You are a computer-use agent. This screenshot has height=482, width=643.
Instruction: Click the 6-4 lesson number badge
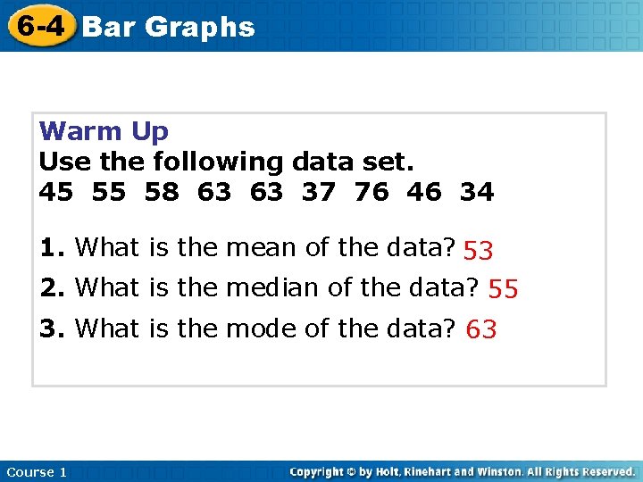coord(39,26)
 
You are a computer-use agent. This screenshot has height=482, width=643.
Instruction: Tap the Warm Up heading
coord(104,132)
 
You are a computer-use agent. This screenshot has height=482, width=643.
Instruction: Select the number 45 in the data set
coord(56,191)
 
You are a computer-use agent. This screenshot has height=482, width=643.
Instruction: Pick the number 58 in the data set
coord(162,191)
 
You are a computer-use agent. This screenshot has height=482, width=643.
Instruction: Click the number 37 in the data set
coord(319,191)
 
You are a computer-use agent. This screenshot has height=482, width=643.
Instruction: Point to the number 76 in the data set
coord(372,191)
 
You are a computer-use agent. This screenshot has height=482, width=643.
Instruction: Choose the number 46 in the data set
coord(424,191)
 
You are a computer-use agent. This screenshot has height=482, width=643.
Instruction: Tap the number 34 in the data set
coord(477,191)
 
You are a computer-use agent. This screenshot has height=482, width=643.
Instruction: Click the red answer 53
coord(479,251)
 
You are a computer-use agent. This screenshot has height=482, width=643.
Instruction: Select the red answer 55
coord(504,288)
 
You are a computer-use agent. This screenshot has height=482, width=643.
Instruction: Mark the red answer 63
coord(481,329)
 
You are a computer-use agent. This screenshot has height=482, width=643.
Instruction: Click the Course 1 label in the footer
coord(36,471)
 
